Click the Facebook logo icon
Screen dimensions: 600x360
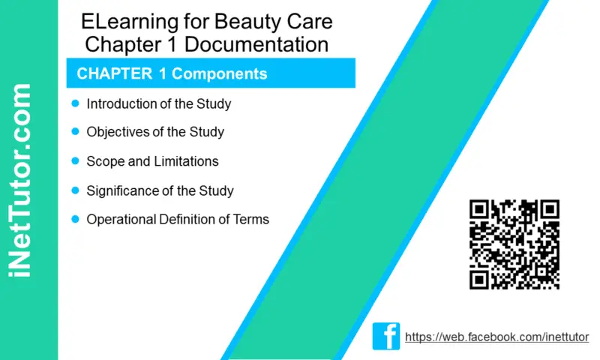[386, 336]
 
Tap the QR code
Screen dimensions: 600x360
[514, 244]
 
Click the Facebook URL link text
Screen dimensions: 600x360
[496, 337]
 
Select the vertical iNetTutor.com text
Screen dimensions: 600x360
[19, 180]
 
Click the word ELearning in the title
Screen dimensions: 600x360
[130, 22]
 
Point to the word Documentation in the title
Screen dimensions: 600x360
[256, 44]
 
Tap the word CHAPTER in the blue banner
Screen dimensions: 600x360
[115, 73]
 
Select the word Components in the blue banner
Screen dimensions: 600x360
[219, 73]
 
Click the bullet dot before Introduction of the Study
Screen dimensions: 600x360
[76, 103]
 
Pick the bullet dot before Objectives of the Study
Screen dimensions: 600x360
[76, 131]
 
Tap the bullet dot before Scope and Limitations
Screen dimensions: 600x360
[76, 160]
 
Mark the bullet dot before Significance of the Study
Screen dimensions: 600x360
[76, 190]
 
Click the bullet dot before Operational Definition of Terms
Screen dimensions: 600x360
[76, 219]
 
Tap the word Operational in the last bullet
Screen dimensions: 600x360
[121, 220]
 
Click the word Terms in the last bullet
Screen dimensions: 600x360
[251, 219]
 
